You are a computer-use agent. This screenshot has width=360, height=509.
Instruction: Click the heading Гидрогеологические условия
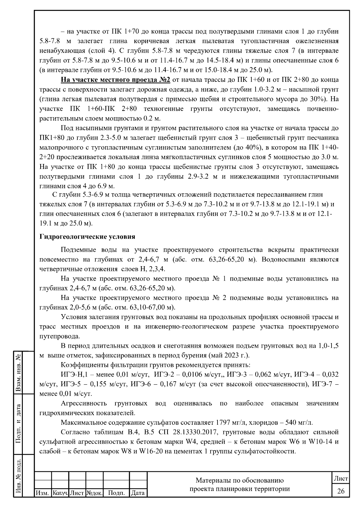[87, 237]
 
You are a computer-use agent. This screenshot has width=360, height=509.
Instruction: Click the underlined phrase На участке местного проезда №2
[116, 80]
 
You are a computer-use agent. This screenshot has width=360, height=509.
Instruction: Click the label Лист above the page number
[341, 479]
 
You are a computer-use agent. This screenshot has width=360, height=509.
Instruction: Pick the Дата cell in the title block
[138, 493]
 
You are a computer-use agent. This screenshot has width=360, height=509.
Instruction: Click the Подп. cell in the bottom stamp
[116, 493]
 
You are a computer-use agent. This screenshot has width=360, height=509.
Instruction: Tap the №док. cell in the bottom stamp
[94, 493]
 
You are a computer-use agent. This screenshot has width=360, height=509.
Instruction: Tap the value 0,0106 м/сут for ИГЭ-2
[200, 374]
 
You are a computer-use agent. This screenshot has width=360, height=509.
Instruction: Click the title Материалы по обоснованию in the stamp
[240, 481]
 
